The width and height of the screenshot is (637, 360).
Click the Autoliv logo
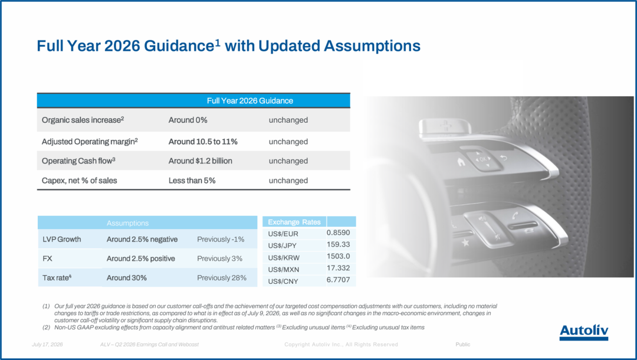(584, 332)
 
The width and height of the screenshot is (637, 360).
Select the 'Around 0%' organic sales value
(188, 120)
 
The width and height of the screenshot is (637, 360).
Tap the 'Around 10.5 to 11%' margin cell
(203, 142)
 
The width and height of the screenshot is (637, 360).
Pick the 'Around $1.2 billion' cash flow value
(201, 161)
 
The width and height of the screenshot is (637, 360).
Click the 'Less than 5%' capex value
(192, 181)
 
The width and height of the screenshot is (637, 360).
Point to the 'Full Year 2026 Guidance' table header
(250, 101)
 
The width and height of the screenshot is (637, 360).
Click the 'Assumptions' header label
(127, 223)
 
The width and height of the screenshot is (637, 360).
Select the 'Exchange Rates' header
(294, 222)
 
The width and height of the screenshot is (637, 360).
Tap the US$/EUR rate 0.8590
(338, 233)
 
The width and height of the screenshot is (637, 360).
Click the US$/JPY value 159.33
(338, 244)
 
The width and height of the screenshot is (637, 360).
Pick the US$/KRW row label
(284, 258)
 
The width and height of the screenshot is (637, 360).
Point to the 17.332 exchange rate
(338, 268)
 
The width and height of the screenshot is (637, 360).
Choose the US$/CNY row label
(283, 281)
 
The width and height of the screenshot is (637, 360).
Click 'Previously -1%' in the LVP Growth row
(221, 240)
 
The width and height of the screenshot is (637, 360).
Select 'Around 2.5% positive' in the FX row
(140, 258)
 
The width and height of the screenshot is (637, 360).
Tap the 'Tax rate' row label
(57, 278)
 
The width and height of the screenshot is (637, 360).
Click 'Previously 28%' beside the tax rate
(222, 278)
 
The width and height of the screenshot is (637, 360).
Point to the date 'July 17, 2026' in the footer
(47, 345)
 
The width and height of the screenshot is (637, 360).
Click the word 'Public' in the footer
(463, 345)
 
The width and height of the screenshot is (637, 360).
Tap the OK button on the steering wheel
(482, 159)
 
